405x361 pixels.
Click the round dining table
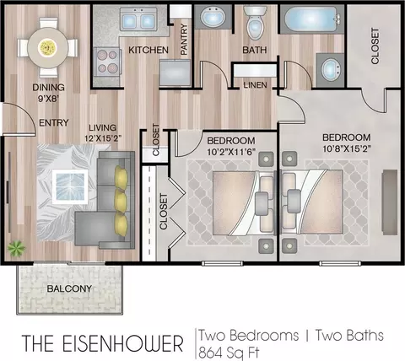tap(48, 47)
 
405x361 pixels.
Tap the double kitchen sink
tap(138, 19)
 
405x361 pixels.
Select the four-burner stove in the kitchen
tap(108, 62)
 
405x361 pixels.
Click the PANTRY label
tap(184, 40)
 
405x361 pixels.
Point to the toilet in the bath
tap(255, 23)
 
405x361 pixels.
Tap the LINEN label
tap(255, 85)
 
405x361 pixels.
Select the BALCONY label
tap(69, 288)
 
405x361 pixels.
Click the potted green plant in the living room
tap(16, 248)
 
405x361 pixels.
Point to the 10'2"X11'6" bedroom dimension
tap(231, 152)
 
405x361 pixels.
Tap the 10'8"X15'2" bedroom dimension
tap(347, 148)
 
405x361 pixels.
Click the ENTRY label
tap(54, 122)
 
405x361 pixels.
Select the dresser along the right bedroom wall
tap(390, 202)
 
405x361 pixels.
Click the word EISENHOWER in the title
tap(122, 343)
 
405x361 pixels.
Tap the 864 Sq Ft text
tap(229, 353)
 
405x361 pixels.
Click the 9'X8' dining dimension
tap(48, 99)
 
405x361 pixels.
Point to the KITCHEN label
tap(148, 50)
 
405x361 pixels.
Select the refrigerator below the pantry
tap(175, 73)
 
